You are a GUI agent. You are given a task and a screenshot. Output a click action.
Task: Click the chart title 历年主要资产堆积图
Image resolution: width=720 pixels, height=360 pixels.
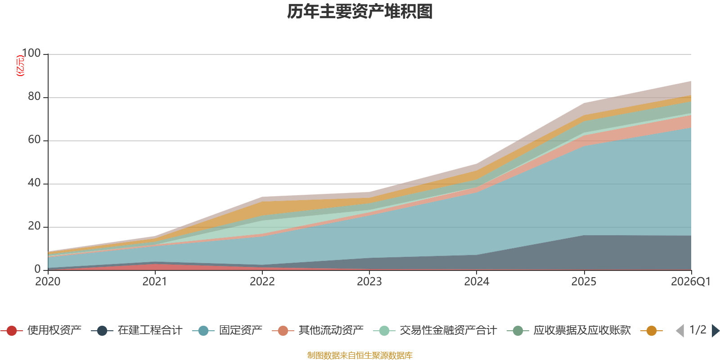[x=360, y=12]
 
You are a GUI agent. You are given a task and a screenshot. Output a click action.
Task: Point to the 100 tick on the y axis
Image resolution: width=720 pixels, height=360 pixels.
[x=31, y=53]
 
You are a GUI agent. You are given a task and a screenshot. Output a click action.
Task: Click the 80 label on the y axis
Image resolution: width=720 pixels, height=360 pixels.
[x=34, y=96]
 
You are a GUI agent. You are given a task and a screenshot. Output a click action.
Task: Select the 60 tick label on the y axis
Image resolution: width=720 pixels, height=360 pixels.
[x=34, y=139]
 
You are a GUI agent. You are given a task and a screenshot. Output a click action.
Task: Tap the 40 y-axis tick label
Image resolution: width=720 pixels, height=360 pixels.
[x=34, y=183]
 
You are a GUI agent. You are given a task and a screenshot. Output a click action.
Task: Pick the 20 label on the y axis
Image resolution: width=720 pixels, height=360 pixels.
[x=34, y=226]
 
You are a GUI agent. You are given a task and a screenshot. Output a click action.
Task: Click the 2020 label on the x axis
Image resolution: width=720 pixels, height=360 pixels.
[x=48, y=282]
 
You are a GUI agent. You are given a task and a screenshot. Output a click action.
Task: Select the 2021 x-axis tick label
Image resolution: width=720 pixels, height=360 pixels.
[x=155, y=282]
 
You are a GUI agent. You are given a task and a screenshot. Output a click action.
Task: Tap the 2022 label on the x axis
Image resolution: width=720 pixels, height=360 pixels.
[x=262, y=282]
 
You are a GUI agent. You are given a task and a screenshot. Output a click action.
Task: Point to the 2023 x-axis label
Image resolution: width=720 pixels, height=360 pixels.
[x=369, y=282]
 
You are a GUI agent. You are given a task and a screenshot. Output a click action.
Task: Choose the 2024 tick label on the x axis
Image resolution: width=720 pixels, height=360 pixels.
[x=477, y=282]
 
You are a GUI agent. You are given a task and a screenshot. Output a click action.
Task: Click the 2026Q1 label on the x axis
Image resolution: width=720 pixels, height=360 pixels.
[x=691, y=282]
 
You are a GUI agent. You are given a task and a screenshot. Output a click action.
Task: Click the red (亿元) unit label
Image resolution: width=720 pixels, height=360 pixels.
[x=20, y=66]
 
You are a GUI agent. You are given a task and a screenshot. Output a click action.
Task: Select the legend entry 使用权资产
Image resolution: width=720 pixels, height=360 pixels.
[x=41, y=330]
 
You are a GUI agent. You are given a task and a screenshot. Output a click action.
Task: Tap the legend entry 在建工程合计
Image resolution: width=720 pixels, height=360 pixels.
[x=137, y=330]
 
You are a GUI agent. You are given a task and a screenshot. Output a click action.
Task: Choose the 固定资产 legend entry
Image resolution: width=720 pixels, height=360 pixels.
[x=227, y=330]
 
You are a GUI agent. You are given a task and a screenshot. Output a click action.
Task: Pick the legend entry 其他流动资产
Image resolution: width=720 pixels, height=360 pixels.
[x=318, y=330]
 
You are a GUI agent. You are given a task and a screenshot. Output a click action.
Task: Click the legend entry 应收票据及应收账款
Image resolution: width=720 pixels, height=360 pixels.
[x=569, y=330]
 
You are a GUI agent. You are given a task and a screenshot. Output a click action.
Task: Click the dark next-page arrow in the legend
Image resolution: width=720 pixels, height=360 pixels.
[x=715, y=330]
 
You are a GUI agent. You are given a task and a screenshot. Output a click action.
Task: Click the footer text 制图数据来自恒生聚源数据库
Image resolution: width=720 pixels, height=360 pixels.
[x=360, y=355]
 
